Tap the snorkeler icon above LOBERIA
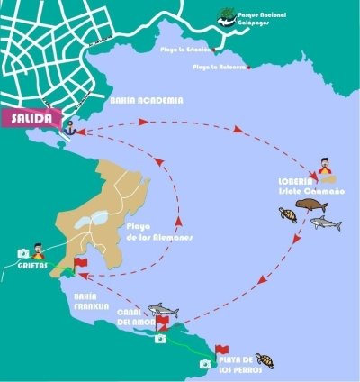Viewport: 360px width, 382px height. (326, 168)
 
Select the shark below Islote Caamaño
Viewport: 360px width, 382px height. (326, 223)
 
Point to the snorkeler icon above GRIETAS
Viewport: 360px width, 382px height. (38, 248)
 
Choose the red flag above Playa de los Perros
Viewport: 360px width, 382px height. (222, 349)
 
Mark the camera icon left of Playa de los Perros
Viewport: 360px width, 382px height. (205, 364)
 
